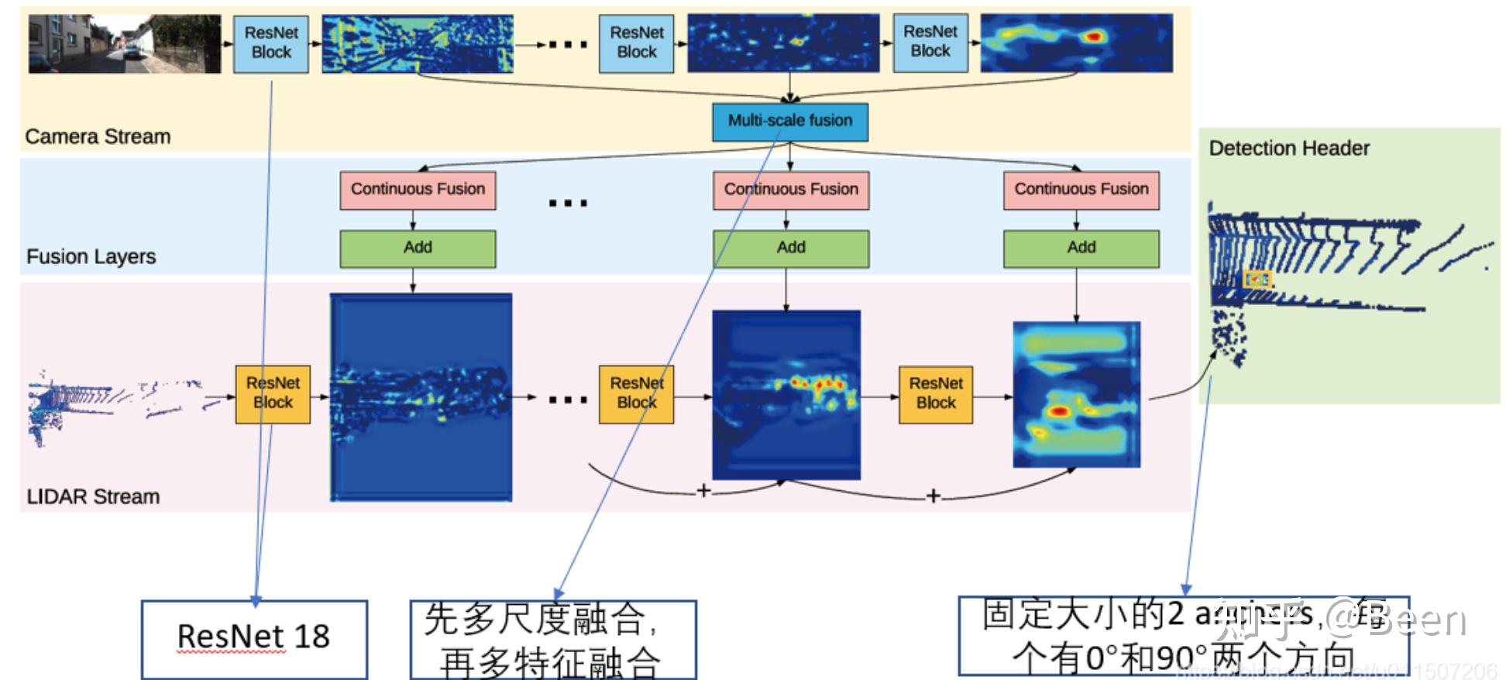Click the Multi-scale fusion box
point(789,122)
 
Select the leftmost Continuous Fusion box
point(418,190)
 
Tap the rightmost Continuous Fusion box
point(1081,190)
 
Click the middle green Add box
point(790,248)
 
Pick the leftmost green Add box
point(418,248)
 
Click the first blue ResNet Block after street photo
point(271,43)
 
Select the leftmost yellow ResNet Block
point(273,393)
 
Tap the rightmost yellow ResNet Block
point(935,393)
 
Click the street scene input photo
point(125,44)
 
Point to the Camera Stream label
point(98,136)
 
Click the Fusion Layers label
point(91,256)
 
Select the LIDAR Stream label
point(93,496)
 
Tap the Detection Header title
point(1289,148)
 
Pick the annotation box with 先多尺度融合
point(552,640)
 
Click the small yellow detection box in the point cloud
point(1257,280)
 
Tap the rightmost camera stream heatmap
point(1076,43)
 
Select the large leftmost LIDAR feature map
point(421,397)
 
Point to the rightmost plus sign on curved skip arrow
point(934,496)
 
